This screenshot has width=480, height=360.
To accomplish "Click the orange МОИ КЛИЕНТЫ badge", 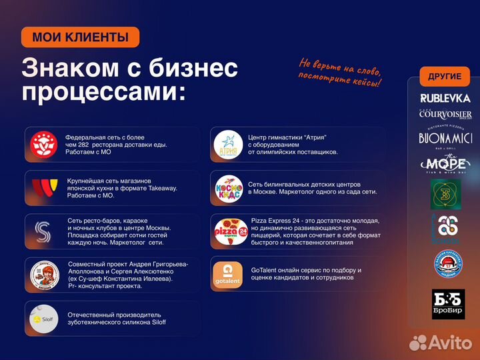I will pos(80,37).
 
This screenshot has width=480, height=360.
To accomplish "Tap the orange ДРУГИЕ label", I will pos(445,77).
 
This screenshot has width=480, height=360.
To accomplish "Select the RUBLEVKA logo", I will pos(445,98).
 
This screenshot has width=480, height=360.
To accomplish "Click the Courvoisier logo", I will pos(445,114).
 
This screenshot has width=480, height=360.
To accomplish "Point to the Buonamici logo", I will pos(445,138).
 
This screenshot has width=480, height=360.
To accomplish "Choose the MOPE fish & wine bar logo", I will pos(445,164).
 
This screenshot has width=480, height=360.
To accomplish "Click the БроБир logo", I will pos(447,304).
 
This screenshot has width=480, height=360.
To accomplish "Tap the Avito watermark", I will pos(439,342).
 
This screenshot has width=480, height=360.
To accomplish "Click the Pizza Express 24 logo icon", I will pos(230,231).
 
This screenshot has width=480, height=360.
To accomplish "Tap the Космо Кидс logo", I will pos(228,187).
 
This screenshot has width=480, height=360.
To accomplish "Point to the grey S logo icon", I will pos(45,231).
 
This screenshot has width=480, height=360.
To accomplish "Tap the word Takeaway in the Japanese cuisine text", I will pos(162,188).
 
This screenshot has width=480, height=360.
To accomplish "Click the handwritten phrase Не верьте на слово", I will pos(340,68).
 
